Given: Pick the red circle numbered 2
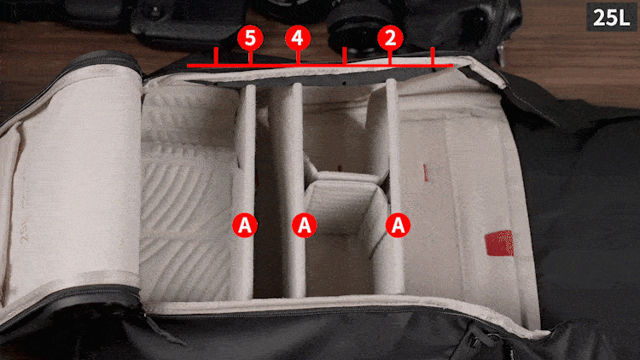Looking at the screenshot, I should click(390, 38).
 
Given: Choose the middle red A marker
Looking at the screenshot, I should click(305, 225).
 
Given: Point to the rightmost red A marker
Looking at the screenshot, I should click(398, 225).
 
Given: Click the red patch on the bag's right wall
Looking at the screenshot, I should click(497, 245).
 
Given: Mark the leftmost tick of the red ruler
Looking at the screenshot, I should click(217, 57).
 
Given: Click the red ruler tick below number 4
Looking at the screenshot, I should click(297, 58).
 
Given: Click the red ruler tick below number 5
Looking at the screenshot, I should click(250, 58).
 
